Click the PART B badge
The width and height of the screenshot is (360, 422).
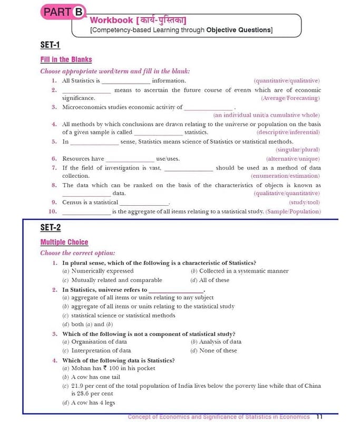[x=62, y=12]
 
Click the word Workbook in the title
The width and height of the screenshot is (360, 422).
[x=111, y=20]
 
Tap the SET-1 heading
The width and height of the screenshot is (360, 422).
[x=51, y=45]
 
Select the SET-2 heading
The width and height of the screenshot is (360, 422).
[x=51, y=227]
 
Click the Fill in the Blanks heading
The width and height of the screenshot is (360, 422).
[x=66, y=60]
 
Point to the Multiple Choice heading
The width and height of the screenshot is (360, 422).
[x=64, y=242]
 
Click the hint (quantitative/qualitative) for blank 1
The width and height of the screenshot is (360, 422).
[x=287, y=81]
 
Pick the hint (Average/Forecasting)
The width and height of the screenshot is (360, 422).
[x=290, y=98]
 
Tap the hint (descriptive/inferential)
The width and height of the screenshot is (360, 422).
[x=288, y=132]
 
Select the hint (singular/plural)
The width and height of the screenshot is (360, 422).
[x=298, y=150]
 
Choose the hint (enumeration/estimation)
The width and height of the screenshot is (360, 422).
[x=285, y=176]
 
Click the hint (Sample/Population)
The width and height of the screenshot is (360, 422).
[x=293, y=212]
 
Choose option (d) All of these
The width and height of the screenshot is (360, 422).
[x=210, y=280]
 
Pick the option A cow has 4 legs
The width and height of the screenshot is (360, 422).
[x=89, y=403]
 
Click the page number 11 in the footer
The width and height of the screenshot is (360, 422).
[x=319, y=416]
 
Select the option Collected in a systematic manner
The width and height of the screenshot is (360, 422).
[x=240, y=271]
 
